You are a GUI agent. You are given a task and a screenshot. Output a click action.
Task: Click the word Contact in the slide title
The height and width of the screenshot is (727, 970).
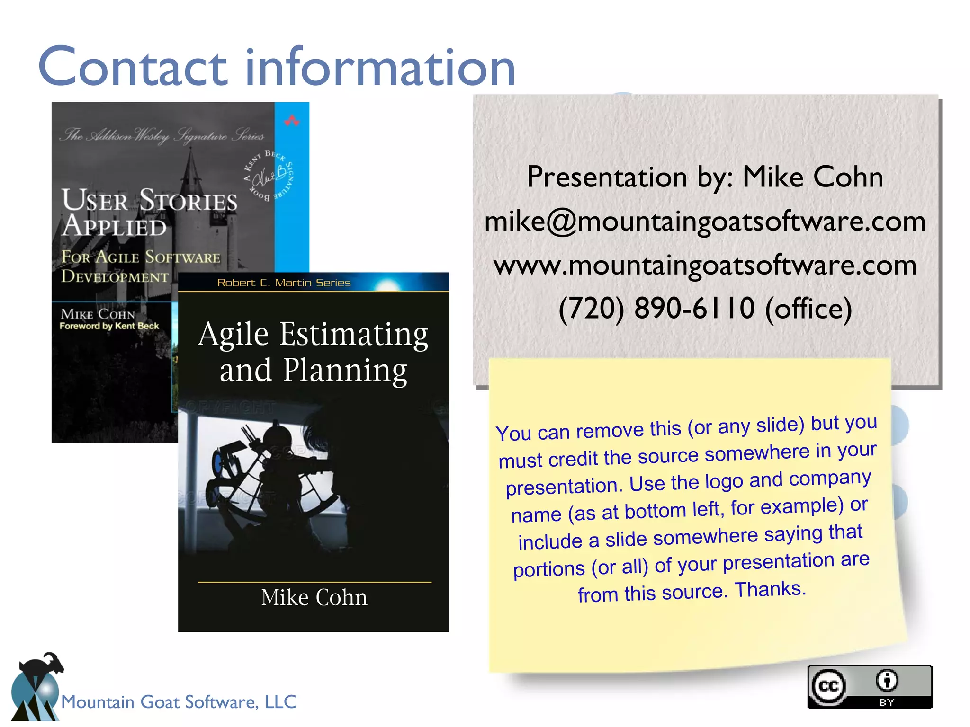coord(133,67)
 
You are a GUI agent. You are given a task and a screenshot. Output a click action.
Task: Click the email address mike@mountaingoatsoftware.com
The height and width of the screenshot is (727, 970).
coord(705,222)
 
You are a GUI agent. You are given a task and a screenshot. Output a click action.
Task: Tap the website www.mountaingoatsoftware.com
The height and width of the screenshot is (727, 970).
coord(705,266)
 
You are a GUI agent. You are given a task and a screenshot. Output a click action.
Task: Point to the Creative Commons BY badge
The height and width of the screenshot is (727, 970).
coord(870,686)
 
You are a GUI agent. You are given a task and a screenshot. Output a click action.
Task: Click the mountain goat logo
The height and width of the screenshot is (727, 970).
coord(36,686)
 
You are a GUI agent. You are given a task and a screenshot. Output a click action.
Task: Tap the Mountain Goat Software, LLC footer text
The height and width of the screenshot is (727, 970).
coord(179,702)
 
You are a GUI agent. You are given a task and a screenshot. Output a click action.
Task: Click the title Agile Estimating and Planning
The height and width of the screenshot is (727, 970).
coord(313,352)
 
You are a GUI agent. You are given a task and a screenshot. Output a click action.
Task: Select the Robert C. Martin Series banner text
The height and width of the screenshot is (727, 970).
coord(284,283)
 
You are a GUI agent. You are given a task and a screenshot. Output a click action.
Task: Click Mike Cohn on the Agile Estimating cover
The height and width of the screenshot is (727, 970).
coord(314,598)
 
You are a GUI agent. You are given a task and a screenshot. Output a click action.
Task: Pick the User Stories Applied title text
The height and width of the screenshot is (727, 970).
coord(149,212)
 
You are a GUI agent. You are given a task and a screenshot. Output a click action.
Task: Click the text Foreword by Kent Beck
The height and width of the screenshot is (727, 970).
coord(109,326)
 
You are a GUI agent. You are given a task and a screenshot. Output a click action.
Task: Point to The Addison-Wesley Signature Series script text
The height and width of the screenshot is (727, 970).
coord(162,136)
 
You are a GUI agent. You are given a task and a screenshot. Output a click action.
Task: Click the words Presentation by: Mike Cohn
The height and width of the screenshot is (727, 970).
coord(705,177)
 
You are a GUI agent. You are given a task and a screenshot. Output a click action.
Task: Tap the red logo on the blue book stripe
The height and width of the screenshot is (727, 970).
coord(292,121)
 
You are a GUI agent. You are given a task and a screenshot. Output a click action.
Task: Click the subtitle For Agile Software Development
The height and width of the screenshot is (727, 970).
coord(140,266)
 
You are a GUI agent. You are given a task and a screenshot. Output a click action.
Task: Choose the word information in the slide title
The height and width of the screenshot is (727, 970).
coord(380,67)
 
